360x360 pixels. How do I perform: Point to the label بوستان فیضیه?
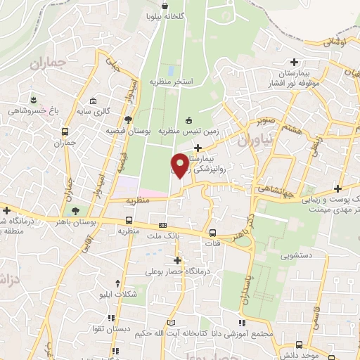(x=129, y=131)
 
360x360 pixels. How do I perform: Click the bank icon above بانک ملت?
(x=163, y=226)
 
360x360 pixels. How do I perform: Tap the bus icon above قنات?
(x=212, y=233)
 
